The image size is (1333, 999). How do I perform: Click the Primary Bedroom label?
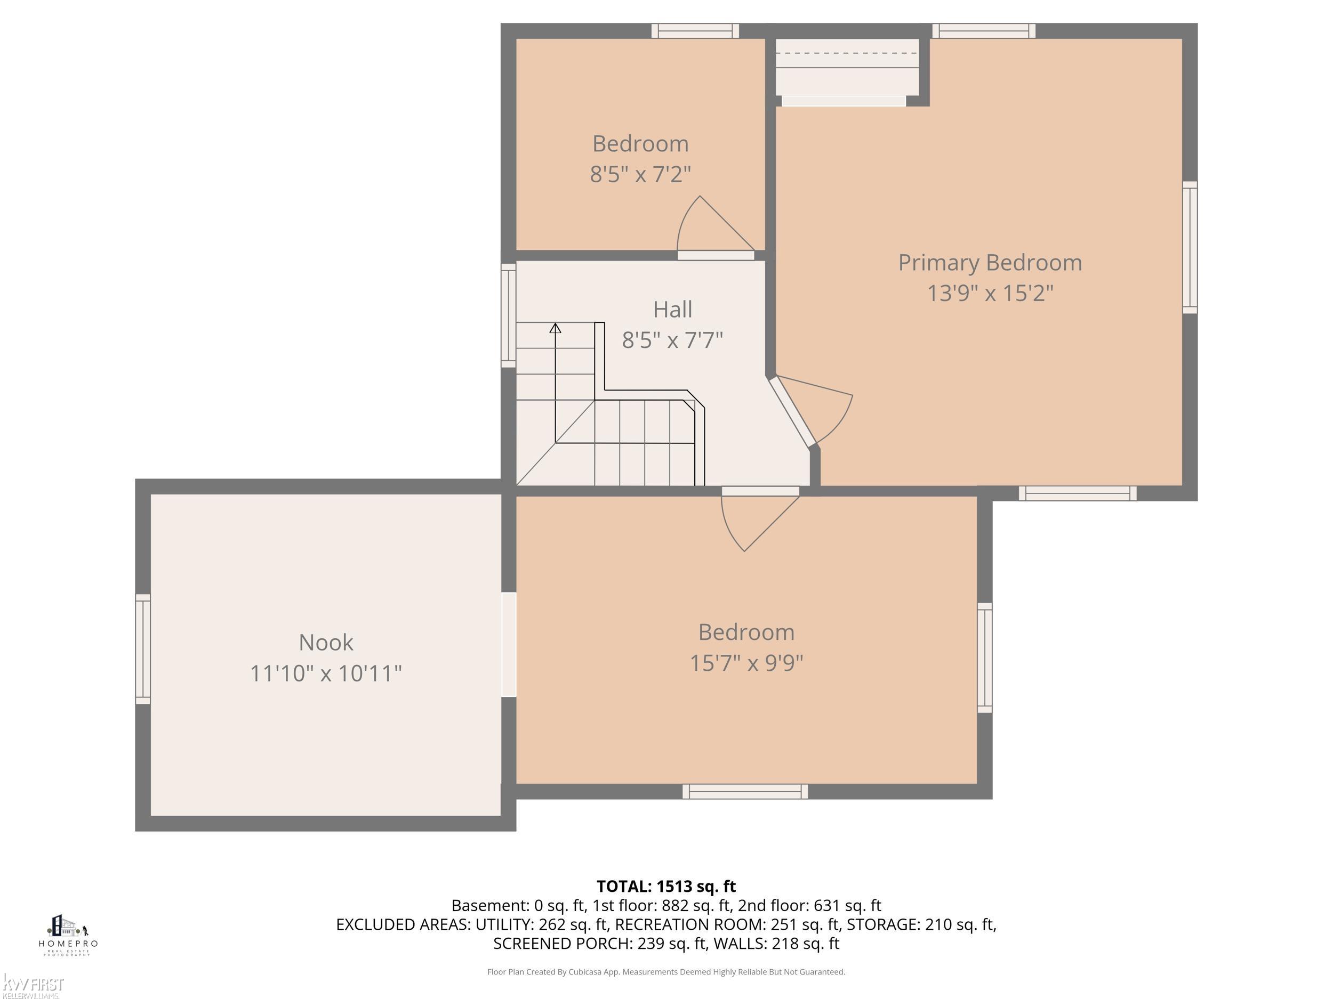pyautogui.click(x=990, y=263)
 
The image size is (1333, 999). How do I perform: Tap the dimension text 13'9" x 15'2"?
pyautogui.click(x=990, y=293)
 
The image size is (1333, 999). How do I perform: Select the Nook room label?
pyautogui.click(x=326, y=642)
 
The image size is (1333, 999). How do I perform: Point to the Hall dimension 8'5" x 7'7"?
pyautogui.click(x=672, y=340)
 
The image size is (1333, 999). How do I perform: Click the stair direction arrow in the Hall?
pyautogui.click(x=555, y=328)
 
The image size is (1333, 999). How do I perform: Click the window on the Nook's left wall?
pyautogui.click(x=143, y=648)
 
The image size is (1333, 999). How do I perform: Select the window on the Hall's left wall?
pyautogui.click(x=509, y=315)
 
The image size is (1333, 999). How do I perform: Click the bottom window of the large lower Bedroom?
pyautogui.click(x=745, y=791)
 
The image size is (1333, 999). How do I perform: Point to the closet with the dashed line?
pyautogui.click(x=847, y=66)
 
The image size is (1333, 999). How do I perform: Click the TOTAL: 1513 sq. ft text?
pyautogui.click(x=666, y=887)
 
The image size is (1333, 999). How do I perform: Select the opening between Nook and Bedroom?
pyautogui.click(x=509, y=645)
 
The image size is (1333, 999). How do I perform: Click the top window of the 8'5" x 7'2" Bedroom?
pyautogui.click(x=695, y=31)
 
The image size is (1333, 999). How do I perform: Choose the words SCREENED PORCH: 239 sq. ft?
pyautogui.click(x=599, y=944)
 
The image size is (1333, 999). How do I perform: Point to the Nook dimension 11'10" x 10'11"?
pyautogui.click(x=326, y=673)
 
